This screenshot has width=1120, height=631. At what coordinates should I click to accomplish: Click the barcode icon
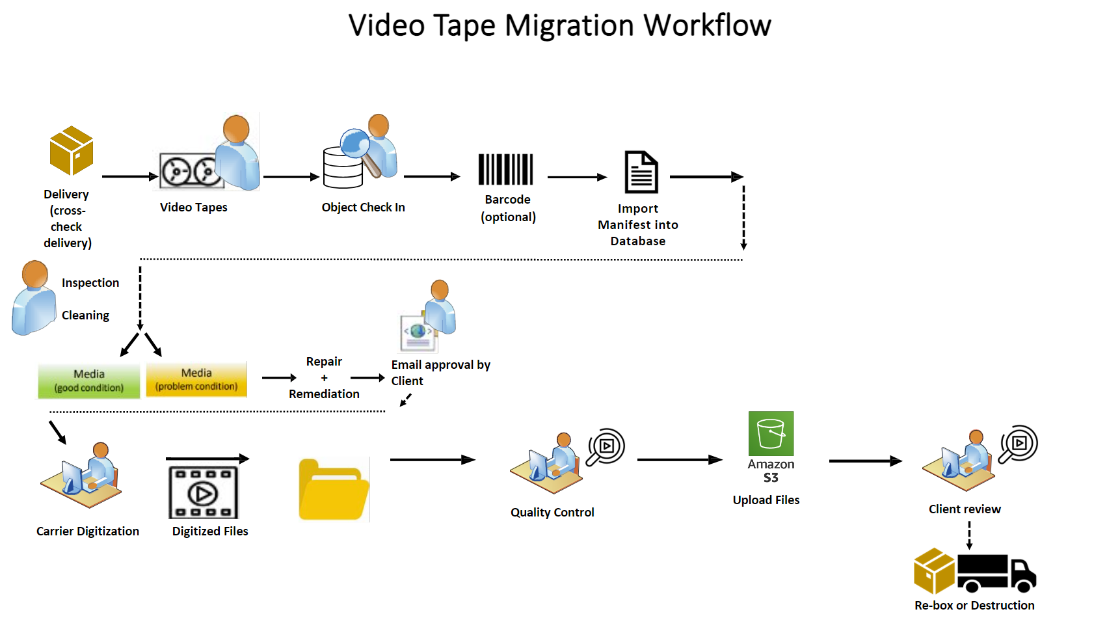(505, 169)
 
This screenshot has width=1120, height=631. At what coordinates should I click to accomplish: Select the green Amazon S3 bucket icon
(771, 433)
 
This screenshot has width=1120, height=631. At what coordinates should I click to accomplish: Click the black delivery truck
(996, 573)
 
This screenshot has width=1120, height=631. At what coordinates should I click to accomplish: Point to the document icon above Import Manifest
(641, 172)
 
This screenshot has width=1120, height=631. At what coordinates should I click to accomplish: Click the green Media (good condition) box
(89, 381)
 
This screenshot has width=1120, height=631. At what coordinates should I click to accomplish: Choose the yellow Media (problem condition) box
(196, 379)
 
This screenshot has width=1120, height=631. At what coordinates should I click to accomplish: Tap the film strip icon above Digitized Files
(204, 492)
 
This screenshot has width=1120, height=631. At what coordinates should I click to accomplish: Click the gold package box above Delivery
(72, 151)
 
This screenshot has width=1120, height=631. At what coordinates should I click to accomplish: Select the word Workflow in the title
(707, 26)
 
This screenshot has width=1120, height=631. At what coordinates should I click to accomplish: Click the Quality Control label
(552, 513)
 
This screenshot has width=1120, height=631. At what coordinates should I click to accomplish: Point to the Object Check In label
(363, 208)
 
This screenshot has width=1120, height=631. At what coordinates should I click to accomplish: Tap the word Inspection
(90, 283)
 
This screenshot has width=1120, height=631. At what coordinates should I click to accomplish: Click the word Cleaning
(85, 315)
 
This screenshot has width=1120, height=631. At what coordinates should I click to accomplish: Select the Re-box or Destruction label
(974, 606)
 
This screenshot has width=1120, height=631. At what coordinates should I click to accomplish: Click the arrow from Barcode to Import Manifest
(577, 177)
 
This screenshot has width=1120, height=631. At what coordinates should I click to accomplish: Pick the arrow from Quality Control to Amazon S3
(680, 460)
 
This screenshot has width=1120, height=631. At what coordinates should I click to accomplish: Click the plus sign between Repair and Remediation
(324, 378)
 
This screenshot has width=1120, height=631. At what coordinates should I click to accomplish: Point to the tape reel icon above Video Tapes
(189, 172)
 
